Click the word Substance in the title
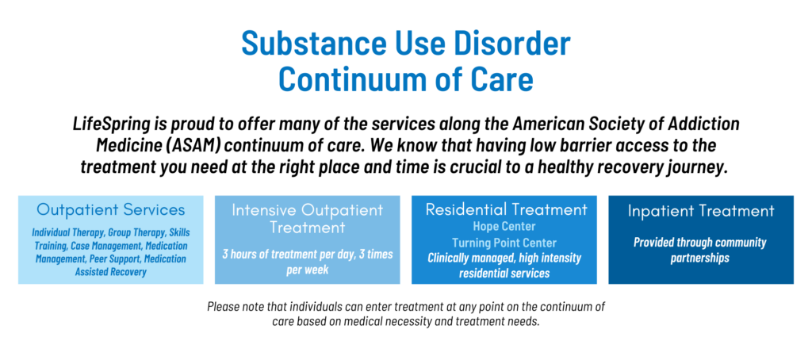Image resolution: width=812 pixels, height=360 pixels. (314, 44)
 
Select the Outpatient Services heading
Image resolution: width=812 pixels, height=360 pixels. (111, 209)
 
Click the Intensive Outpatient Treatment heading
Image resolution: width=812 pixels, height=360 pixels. (308, 218)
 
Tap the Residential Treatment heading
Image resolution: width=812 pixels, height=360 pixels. (507, 209)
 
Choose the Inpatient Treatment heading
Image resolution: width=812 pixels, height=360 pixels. (701, 211)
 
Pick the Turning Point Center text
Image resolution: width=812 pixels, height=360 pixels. (504, 243)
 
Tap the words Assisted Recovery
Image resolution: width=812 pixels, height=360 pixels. (111, 271)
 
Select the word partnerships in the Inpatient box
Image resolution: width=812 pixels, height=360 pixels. (699, 258)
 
